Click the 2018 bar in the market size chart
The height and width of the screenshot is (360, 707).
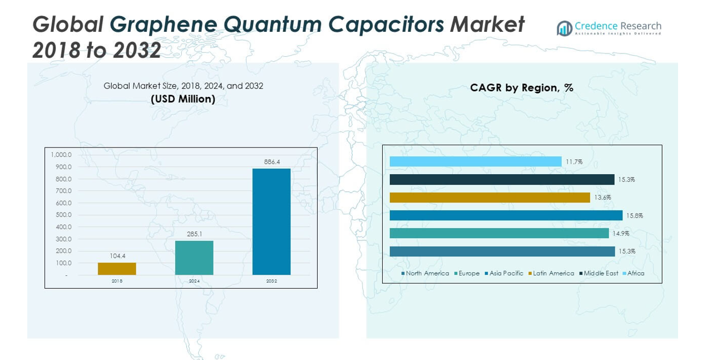(x=117, y=269)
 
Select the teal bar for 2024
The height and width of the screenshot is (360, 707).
(x=194, y=258)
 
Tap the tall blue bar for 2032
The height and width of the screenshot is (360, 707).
(x=271, y=221)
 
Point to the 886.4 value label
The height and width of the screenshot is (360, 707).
(x=271, y=162)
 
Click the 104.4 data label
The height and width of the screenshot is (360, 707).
(x=117, y=256)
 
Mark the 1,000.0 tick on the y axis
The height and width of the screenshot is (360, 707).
(x=61, y=155)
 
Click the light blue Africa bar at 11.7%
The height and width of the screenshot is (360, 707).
(x=476, y=161)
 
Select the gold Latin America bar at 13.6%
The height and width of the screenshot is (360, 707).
(x=490, y=198)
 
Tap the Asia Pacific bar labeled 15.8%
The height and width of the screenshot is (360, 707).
(x=506, y=215)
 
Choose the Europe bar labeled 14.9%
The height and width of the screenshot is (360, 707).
(x=499, y=233)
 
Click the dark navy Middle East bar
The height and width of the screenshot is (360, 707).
(x=502, y=180)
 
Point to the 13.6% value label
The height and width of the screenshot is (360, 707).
(x=602, y=198)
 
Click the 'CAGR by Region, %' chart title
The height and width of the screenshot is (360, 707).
(x=521, y=87)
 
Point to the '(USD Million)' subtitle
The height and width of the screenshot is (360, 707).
(x=183, y=99)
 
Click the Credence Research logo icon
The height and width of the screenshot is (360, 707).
(x=565, y=28)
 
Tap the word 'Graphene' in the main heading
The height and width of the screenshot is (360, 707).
(x=161, y=24)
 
